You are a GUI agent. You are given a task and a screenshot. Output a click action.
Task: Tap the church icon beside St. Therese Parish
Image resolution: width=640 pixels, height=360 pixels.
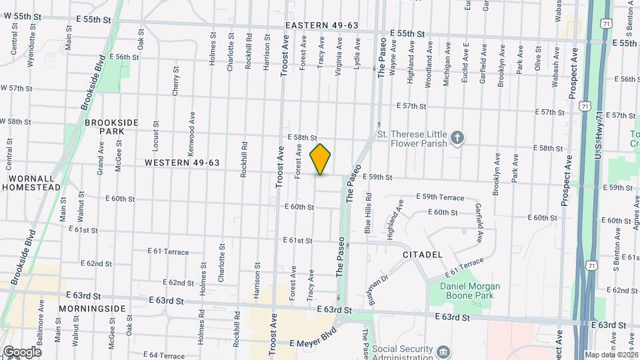pyautogui.click(x=457, y=139)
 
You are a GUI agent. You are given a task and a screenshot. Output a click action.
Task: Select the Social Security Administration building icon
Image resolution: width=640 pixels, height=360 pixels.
pyautogui.click(x=443, y=351)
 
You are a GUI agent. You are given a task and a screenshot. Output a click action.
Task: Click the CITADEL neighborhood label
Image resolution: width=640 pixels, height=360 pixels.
pyautogui.click(x=423, y=255)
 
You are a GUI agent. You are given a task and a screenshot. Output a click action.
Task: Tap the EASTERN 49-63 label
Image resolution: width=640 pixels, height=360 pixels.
pyautogui.click(x=321, y=25)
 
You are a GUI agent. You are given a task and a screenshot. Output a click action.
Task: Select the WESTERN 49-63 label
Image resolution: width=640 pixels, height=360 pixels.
pyautogui.click(x=182, y=163)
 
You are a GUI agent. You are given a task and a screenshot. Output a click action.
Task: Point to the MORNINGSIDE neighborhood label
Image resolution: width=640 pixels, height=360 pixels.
pyautogui.click(x=91, y=309)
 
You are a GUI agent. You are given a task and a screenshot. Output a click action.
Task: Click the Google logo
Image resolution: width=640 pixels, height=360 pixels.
pyautogui.click(x=21, y=351)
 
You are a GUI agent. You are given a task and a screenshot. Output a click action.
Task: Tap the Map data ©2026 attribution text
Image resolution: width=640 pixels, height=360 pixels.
pyautogui.click(x=611, y=355)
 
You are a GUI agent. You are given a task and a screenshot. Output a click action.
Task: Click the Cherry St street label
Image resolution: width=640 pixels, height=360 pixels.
pyautogui.click(x=176, y=81)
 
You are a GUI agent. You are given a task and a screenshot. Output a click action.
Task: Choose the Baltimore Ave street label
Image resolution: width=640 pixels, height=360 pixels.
pyautogui.click(x=41, y=312)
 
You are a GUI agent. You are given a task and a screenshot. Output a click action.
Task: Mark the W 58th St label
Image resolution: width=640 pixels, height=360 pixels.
pyautogui.click(x=16, y=122)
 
